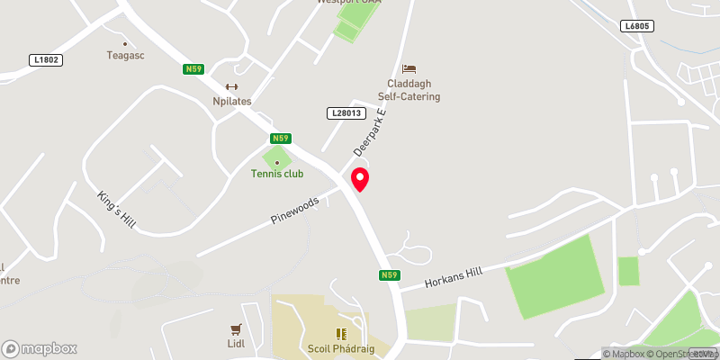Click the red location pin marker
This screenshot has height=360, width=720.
tap(360, 178)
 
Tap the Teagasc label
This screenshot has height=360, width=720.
tap(125, 55)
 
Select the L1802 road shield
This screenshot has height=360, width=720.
tap(45, 60)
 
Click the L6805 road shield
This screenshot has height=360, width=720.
tap(635, 27)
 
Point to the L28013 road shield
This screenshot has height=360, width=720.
tap(345, 112)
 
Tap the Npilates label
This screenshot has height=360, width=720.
tap(231, 101)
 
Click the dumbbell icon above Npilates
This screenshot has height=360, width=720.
tap(231, 86)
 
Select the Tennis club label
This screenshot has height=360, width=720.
tap(277, 174)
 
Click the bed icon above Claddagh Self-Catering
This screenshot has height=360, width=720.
tap(409, 68)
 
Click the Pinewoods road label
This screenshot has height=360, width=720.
tap(295, 211)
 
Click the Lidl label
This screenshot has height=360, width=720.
tap(238, 344)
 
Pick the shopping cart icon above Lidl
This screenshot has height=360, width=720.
tap(238, 329)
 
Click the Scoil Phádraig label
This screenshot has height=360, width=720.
tap(341, 349)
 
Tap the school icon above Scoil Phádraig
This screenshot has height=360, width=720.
tap(341, 334)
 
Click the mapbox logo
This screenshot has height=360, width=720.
tap(40, 348)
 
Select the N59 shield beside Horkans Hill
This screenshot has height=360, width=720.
tap(389, 275)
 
